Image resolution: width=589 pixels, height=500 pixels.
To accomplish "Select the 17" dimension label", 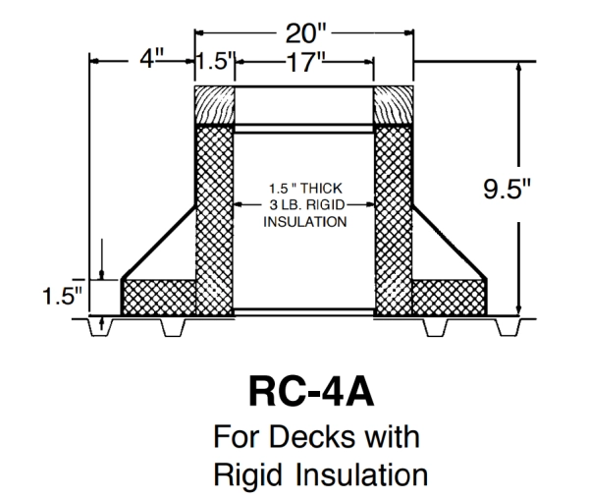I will [305, 63].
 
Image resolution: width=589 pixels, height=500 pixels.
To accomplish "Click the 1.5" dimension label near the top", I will [213, 63].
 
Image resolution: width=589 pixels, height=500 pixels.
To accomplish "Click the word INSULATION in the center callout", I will [304, 221].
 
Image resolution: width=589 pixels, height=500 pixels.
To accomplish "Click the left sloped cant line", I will [157, 242].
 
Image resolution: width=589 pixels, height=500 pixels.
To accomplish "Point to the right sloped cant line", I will [451, 242].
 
